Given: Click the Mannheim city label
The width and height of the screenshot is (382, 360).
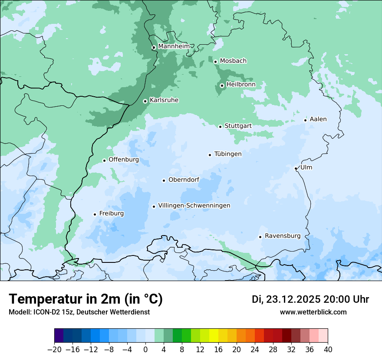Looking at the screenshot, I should [x=174, y=46].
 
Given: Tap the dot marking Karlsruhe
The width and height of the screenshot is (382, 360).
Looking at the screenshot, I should [x=145, y=101].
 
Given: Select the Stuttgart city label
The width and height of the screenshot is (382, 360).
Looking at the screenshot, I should [x=238, y=126].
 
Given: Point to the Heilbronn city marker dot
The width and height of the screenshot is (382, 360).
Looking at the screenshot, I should [x=222, y=85].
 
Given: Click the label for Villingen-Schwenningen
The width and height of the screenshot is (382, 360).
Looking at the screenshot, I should [x=194, y=206].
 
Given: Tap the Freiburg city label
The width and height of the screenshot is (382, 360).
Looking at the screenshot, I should [x=111, y=213].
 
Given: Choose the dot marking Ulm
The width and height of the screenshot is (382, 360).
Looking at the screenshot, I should [x=296, y=168].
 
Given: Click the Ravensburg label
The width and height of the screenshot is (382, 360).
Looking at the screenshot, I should [x=282, y=236].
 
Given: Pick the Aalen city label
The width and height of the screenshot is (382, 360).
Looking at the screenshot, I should [x=318, y=119].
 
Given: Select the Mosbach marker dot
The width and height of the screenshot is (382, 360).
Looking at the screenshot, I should [x=215, y=62].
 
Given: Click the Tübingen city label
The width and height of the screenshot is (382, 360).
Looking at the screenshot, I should [x=228, y=154].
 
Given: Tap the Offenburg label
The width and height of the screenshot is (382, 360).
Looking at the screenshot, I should [x=124, y=160].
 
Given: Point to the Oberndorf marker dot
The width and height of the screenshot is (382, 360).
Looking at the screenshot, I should [x=164, y=180].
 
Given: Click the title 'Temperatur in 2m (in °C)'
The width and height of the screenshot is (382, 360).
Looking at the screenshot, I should [x=86, y=299].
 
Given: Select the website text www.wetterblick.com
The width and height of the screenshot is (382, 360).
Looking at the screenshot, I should [x=313, y=312].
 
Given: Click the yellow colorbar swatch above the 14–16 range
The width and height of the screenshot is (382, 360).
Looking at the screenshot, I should [x=214, y=336].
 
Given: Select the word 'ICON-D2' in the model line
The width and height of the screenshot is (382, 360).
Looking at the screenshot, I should [x=44, y=312].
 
